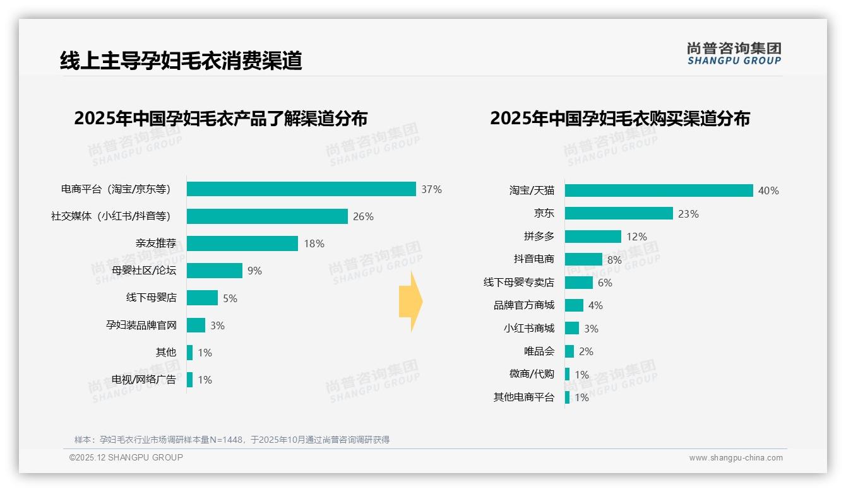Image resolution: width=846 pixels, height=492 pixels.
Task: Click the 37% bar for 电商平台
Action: pyautogui.click(x=301, y=189)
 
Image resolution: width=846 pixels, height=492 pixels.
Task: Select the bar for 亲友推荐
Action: pyautogui.click(x=242, y=243)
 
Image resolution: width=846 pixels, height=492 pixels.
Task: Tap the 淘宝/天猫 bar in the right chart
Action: pyautogui.click(x=658, y=190)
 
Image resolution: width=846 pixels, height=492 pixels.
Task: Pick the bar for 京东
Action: pyautogui.click(x=619, y=214)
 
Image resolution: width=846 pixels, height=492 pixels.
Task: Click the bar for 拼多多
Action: pyautogui.click(x=593, y=237)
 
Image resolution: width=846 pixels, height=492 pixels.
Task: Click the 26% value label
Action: pyautogui.click(x=363, y=216)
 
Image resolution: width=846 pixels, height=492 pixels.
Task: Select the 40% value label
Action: pyautogui.click(x=768, y=190)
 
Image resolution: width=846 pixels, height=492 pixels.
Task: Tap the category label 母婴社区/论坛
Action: pyautogui.click(x=144, y=271)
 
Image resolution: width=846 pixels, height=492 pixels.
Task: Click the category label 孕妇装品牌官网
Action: pyautogui.click(x=141, y=325)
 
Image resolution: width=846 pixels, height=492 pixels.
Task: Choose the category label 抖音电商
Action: pyautogui.click(x=533, y=259)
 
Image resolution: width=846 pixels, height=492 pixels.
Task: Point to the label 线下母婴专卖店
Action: pyautogui.click(x=518, y=283)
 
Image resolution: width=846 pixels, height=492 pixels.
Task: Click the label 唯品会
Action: pyautogui.click(x=539, y=351)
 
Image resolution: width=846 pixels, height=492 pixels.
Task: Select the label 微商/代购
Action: pyautogui.click(x=532, y=374)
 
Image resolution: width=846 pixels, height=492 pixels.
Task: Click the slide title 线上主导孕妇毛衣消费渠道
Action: pyautogui.click(x=181, y=61)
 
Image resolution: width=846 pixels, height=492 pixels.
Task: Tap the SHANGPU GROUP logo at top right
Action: pyautogui.click(x=734, y=53)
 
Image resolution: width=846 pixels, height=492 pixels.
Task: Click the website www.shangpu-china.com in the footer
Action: pyautogui.click(x=736, y=458)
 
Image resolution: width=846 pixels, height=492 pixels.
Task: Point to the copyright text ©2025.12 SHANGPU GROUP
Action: pyautogui.click(x=126, y=457)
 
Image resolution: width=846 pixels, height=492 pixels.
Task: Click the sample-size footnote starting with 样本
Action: pyautogui.click(x=232, y=440)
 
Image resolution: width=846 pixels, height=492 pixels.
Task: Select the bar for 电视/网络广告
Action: pyautogui.click(x=189, y=380)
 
